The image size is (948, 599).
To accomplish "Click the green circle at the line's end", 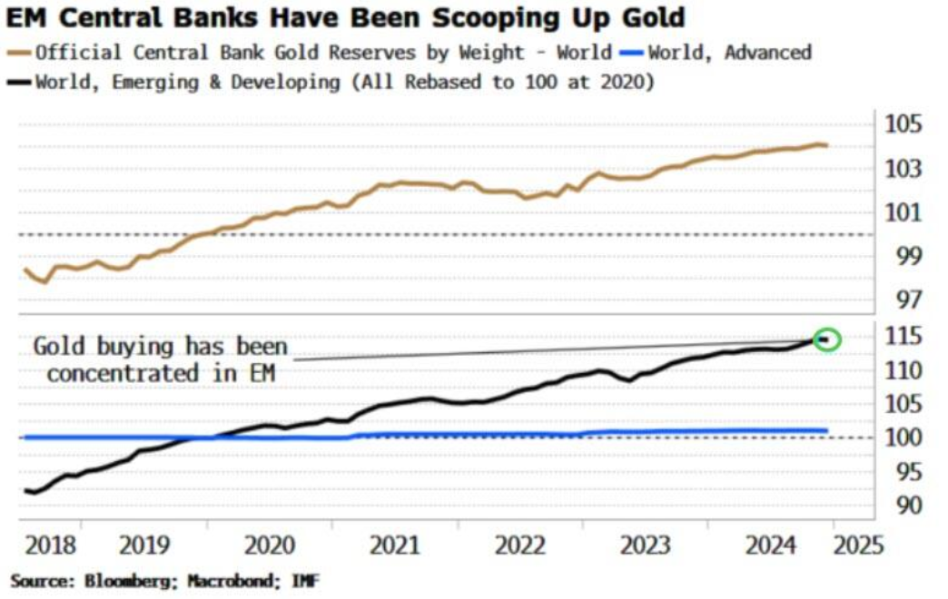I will click(826, 339).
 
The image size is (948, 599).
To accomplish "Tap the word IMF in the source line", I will click(304, 580).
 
